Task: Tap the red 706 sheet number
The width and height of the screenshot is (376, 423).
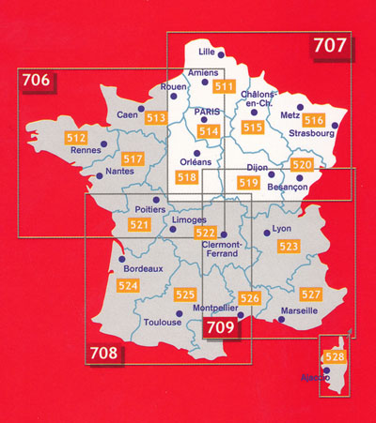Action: pos(36,82)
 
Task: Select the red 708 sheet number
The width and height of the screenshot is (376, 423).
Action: pos(105,354)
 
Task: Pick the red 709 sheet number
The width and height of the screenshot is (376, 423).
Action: pos(222,328)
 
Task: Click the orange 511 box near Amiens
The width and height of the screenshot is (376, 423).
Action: pos(224,87)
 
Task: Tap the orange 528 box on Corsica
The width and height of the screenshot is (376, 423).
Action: pos(334,357)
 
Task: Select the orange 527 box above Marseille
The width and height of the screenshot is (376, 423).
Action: pos(311,295)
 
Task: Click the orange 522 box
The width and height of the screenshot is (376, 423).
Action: pos(205,233)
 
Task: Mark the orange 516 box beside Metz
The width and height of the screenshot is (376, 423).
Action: pos(314,120)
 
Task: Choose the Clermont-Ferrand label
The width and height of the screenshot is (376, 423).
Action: pos(223,249)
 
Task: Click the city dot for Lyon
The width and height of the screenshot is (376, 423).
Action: pos(268,231)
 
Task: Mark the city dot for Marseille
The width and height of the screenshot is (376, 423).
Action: pos(283,321)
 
